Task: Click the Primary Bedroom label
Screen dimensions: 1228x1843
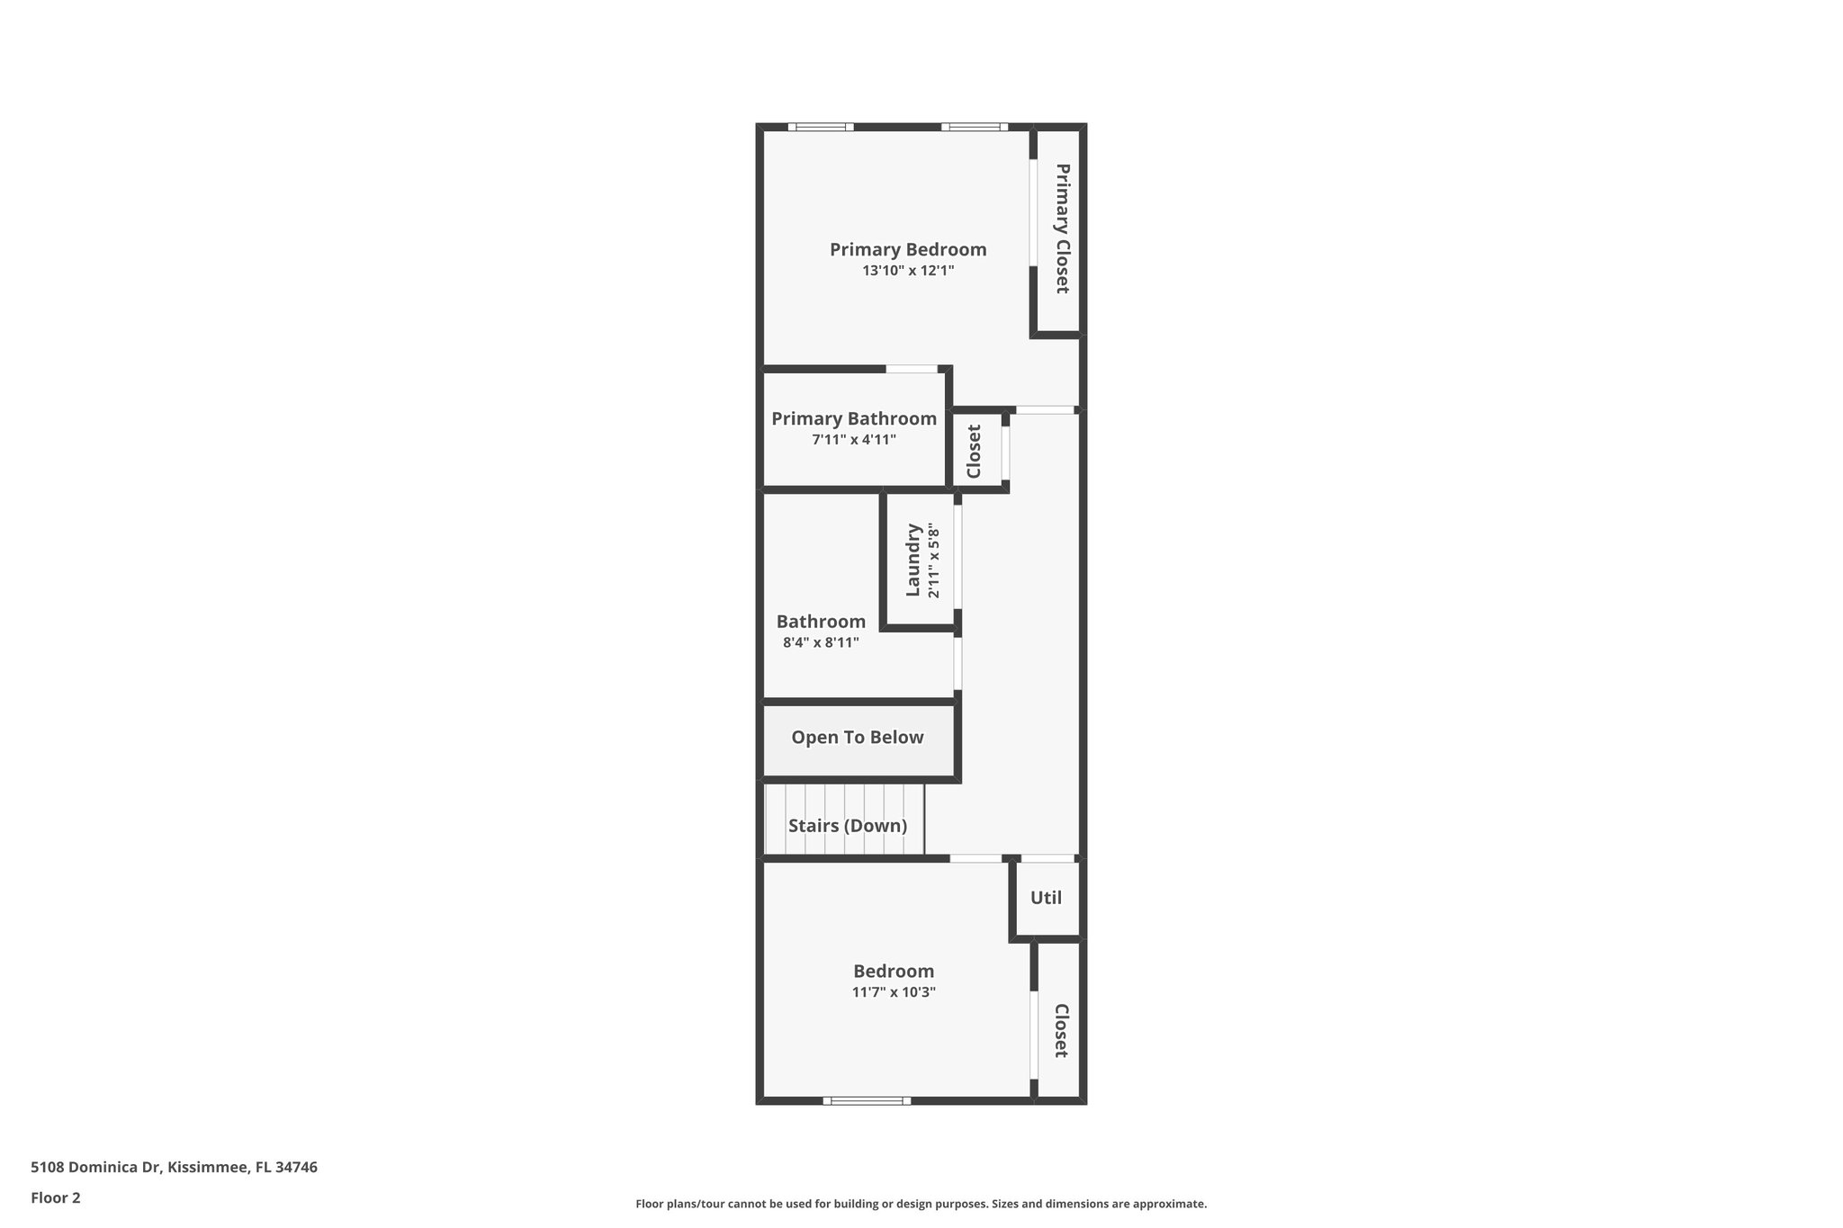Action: point(907,249)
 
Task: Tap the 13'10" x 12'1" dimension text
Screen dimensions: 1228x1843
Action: point(907,270)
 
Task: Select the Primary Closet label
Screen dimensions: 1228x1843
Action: point(1062,229)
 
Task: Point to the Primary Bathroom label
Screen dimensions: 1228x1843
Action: point(853,418)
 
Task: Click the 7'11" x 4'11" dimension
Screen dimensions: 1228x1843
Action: point(853,440)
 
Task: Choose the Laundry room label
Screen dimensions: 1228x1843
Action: point(913,560)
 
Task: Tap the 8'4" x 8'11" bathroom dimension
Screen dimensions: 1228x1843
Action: point(820,642)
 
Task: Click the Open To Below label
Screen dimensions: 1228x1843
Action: point(857,738)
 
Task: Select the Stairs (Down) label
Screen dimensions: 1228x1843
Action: point(847,826)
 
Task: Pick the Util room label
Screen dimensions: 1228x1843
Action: point(1046,898)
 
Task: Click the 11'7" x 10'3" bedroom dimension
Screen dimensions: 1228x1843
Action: point(894,992)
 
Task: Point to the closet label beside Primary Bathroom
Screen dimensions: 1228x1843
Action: point(974,451)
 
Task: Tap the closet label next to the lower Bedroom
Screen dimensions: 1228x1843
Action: point(1061,1031)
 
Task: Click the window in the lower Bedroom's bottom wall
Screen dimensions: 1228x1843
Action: point(867,1100)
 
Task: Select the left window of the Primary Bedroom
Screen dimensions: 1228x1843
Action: point(821,127)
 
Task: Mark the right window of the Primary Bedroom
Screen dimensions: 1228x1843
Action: point(975,127)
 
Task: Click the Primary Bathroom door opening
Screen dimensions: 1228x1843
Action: point(912,369)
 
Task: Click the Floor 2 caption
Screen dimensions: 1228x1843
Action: point(56,1197)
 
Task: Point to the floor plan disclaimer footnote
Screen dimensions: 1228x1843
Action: point(921,1204)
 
